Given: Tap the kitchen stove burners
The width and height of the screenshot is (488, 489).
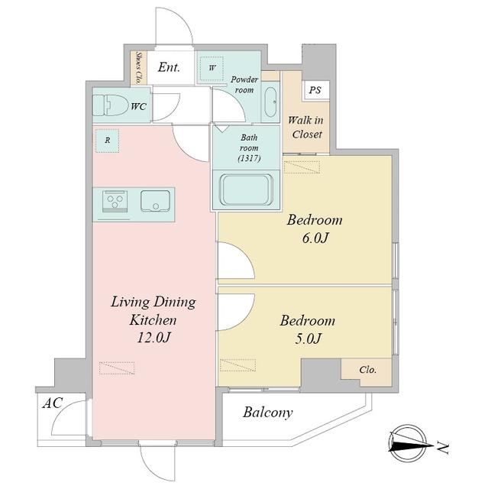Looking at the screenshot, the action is pos(115,201).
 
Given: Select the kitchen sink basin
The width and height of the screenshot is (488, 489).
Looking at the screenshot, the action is pos(156,201).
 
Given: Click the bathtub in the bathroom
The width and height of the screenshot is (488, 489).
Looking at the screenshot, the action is pos(246,189).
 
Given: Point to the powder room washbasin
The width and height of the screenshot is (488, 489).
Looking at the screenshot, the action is pos(270,102).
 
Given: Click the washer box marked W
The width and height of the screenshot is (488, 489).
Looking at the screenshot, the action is pos(212,68).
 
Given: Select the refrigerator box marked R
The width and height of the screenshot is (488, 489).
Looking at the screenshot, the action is pos(107,141).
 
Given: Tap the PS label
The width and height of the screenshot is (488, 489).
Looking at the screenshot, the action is pos(315,90).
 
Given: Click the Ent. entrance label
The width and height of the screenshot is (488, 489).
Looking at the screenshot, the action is pos(169,67).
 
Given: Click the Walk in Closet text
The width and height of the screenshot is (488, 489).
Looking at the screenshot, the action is pos(306,128).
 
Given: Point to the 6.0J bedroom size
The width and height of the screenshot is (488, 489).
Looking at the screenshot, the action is pos(315,238).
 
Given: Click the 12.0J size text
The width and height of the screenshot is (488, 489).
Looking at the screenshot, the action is pos(154,338).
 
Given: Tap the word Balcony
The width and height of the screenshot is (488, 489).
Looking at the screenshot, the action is pos(268,413).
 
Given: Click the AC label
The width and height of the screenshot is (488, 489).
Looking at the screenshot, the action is pos(53,403).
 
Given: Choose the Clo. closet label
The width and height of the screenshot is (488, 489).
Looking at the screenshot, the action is pos(367,370).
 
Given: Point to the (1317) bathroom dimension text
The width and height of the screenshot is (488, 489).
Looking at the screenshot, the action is pos(249,158).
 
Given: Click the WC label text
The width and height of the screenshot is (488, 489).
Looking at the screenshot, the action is pos(139,107).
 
